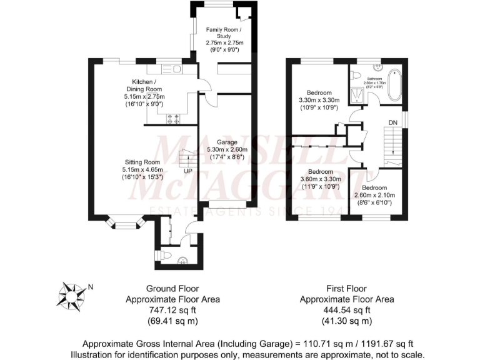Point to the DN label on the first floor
[392, 122]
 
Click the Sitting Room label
[143, 169]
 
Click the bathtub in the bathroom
[396, 86]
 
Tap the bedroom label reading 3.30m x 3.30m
[319, 100]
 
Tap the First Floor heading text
[346, 288]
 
